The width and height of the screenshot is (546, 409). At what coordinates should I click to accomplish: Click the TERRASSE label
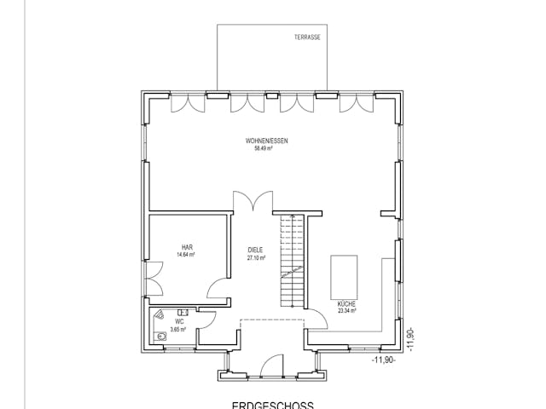307,37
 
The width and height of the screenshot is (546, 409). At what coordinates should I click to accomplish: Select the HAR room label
186,247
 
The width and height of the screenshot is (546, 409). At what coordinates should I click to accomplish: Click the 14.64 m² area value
186,255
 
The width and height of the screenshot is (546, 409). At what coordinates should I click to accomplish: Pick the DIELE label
255,251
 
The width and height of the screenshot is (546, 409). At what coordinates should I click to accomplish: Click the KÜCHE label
346,304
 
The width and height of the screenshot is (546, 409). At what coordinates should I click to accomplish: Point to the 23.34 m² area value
347,312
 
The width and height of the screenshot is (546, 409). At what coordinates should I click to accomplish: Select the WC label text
179,321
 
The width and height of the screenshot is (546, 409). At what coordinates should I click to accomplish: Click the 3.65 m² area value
178,329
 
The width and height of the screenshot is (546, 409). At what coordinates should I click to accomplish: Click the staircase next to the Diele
292,260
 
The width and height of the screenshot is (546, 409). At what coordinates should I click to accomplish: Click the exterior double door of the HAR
154,277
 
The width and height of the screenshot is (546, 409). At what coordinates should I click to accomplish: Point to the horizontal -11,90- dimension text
384,360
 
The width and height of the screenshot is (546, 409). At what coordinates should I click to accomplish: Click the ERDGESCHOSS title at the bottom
273,405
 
